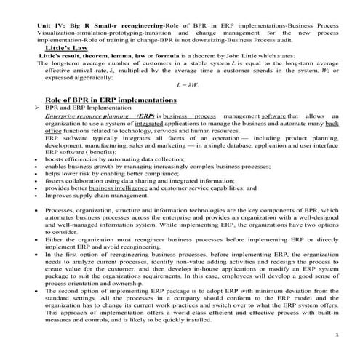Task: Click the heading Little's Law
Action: click(68, 46)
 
